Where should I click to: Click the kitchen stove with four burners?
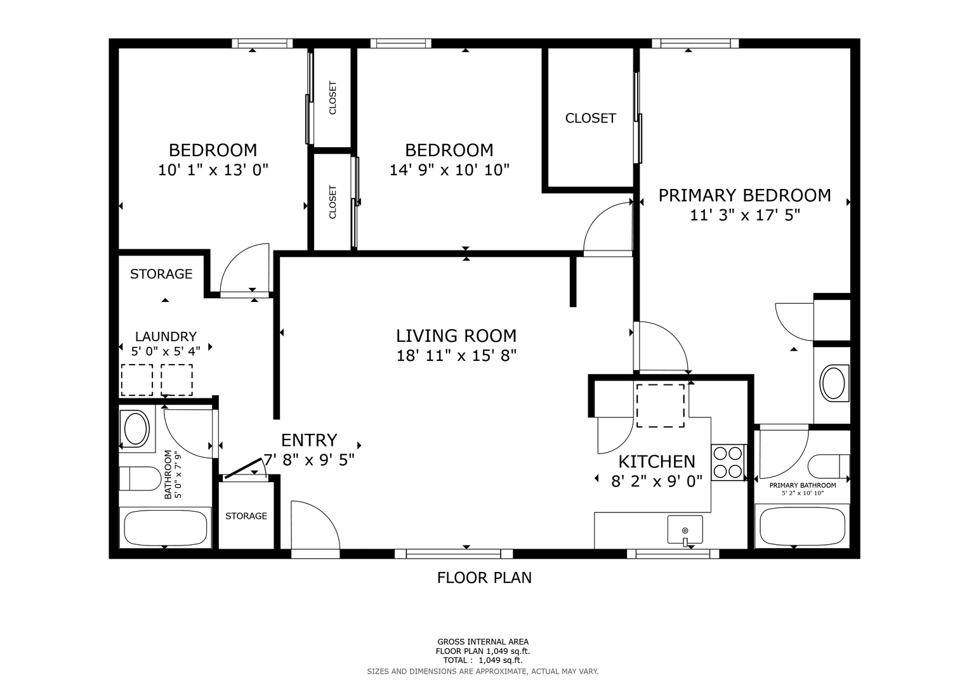(x=728, y=463)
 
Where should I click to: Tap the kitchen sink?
(x=685, y=530)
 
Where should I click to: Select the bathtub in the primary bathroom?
(x=802, y=526)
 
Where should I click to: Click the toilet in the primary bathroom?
(x=828, y=466)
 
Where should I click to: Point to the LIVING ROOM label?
(x=456, y=336)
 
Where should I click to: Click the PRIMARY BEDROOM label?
(x=744, y=195)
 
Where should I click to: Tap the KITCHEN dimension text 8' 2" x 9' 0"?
(x=656, y=481)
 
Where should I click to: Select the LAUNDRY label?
(x=166, y=336)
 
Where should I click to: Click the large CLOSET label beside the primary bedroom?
(x=591, y=118)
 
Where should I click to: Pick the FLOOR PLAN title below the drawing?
(x=484, y=577)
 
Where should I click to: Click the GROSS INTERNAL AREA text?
(x=483, y=642)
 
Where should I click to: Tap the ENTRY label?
(x=309, y=440)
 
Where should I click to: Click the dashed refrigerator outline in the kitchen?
(x=660, y=406)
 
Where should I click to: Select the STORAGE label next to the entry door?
(x=246, y=516)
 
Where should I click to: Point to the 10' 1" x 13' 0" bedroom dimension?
(x=213, y=170)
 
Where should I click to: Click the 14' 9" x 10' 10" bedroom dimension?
(x=449, y=170)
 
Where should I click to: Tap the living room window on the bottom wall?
(x=453, y=554)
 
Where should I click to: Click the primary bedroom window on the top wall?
(x=695, y=43)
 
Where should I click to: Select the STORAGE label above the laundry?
(x=161, y=274)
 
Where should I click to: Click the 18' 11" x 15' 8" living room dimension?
(x=456, y=356)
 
